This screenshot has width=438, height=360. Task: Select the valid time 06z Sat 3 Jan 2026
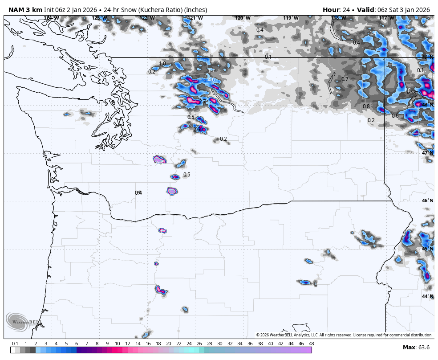pyautogui.click(x=403, y=10)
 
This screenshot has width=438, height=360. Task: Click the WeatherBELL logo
pyautogui.click(x=23, y=322)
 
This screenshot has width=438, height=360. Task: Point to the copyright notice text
pyautogui.click(x=344, y=335)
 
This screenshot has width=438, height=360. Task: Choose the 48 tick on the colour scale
pyautogui.click(x=311, y=344)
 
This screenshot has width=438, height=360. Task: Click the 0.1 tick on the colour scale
pyautogui.click(x=15, y=344)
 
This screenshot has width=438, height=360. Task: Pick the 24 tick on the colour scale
pyautogui.click(x=189, y=344)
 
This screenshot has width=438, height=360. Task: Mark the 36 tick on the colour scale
pyautogui.click(x=250, y=344)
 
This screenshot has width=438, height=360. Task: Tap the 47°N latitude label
pyautogui.click(x=427, y=153)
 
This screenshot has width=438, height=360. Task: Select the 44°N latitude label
pyautogui.click(x=427, y=296)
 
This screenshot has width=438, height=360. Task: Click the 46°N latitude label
pyautogui.click(x=427, y=200)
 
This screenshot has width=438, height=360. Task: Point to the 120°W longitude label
pyautogui.click(x=243, y=18)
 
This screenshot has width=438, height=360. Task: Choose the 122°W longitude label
pyautogui.click(x=147, y=18)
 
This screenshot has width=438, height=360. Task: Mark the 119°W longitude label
pyautogui.click(x=291, y=18)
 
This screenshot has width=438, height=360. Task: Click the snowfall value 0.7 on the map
pyautogui.click(x=345, y=79)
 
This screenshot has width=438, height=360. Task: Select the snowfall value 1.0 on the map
pyautogui.click(x=162, y=64)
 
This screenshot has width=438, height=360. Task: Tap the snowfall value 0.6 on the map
pyautogui.click(x=395, y=115)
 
